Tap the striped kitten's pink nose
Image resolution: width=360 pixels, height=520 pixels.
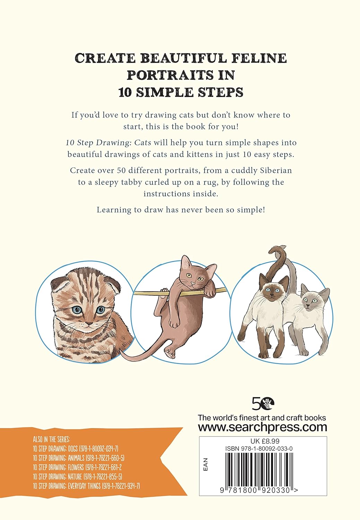pyautogui.click(x=89, y=324)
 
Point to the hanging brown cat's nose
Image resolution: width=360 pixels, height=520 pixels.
pyautogui.click(x=191, y=283)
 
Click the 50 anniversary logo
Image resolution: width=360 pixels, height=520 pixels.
pyautogui.click(x=263, y=403)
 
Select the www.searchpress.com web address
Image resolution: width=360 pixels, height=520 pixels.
pyautogui.click(x=262, y=427)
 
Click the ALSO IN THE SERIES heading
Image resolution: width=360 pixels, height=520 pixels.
pyautogui.click(x=51, y=440)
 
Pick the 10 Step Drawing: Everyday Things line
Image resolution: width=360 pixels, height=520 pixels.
pyautogui.click(x=86, y=486)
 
